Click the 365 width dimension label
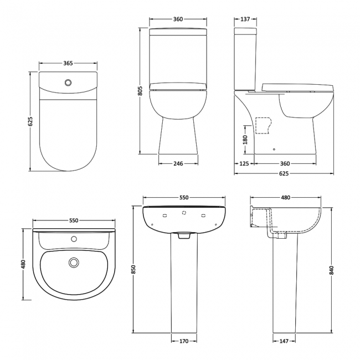[68, 64]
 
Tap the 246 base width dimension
[178, 163]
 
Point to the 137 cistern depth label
[244, 19]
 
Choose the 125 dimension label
[244, 163]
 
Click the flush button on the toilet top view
[68, 83]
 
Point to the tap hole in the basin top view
[73, 240]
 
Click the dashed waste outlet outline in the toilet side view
[264, 125]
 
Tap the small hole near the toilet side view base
[275, 148]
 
